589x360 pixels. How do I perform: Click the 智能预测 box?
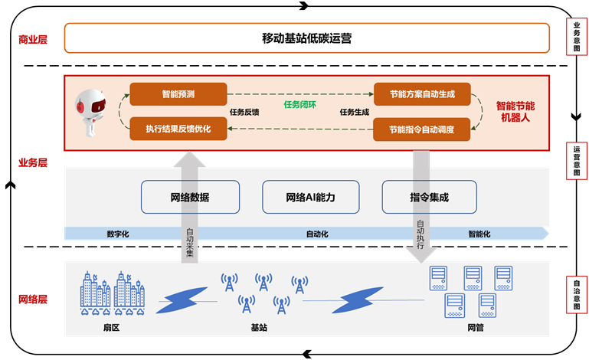(x=178, y=94)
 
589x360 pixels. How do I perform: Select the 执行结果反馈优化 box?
(x=178, y=129)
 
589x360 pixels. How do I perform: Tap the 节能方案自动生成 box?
(x=421, y=94)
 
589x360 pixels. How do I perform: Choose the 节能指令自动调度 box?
(x=421, y=129)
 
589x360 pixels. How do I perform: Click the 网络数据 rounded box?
(x=190, y=197)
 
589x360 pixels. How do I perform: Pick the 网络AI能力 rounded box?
(x=310, y=197)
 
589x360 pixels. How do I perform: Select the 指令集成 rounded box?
(x=429, y=197)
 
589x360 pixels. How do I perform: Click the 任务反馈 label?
(x=244, y=112)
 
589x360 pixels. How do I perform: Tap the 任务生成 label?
(x=354, y=112)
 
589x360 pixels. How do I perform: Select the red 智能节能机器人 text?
(x=515, y=112)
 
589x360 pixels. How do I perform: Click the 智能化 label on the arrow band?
(x=479, y=234)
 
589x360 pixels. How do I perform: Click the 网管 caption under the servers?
(x=475, y=328)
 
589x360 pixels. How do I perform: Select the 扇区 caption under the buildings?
(x=112, y=328)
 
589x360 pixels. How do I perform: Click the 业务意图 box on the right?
(x=576, y=38)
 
